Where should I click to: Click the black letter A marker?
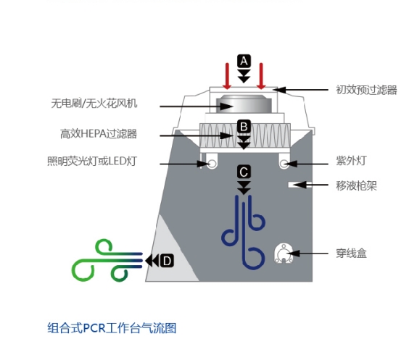point(244,62)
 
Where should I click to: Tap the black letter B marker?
point(244,127)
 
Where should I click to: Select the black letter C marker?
point(244,172)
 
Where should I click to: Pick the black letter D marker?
point(167,261)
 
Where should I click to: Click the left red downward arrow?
point(227,76)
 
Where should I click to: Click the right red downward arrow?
point(261,76)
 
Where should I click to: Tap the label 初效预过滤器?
point(366,90)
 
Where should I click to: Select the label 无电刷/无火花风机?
point(94,104)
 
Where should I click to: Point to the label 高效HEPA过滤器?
point(99,134)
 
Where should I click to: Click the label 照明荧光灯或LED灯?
point(92,161)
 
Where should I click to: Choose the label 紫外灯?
point(351,161)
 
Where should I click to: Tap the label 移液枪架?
point(356,185)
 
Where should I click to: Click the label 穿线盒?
point(351,254)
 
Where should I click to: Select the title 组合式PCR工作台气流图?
point(112,328)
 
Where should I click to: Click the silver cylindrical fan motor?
point(244,104)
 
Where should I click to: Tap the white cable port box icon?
point(284,254)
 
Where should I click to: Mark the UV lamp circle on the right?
point(284,164)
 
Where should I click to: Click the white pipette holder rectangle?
point(300,185)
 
